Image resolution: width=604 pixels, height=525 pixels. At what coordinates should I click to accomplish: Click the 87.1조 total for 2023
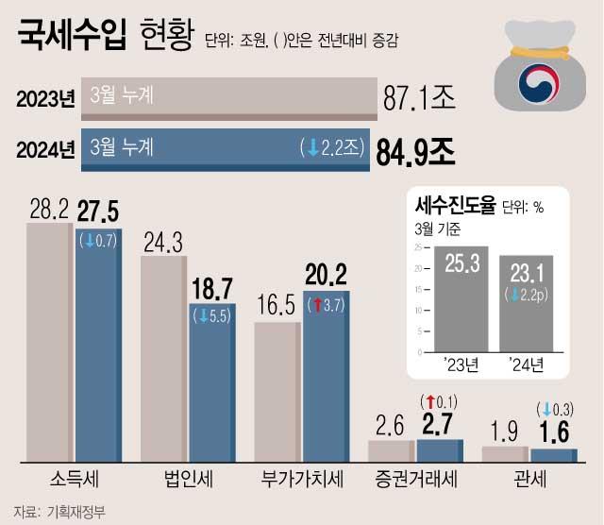click(419, 96)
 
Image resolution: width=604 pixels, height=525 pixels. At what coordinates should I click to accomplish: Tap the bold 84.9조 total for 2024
click(415, 150)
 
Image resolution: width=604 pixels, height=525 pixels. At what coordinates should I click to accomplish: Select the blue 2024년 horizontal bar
click(225, 150)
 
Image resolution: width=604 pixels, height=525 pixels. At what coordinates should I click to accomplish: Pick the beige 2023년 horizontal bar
click(229, 96)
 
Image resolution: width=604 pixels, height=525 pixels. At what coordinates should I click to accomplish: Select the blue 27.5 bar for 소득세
click(97, 359)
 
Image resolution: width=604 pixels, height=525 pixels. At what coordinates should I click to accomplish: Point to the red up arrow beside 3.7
click(318, 305)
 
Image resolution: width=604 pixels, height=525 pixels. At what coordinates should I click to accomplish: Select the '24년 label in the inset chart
click(527, 364)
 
